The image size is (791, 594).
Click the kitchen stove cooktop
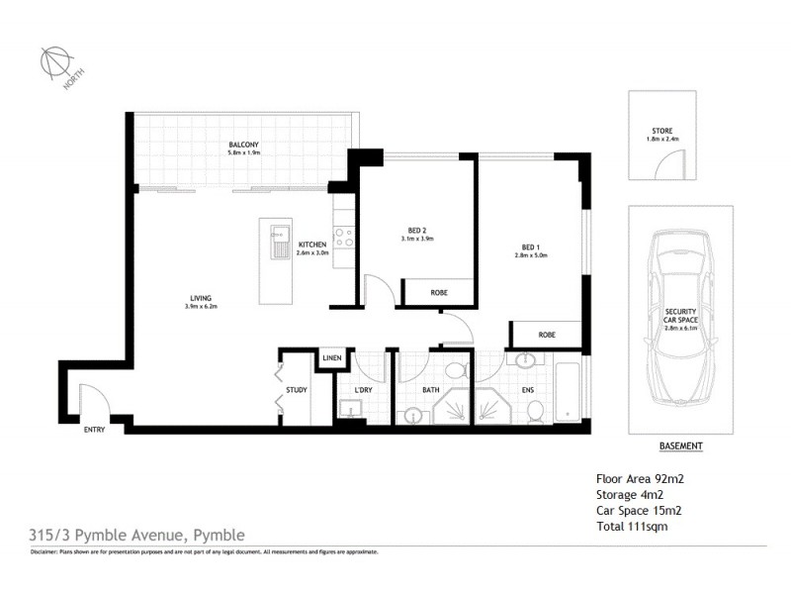coord(344,238)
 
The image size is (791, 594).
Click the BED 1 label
coord(531,247)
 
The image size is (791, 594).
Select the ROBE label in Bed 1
coord(547,335)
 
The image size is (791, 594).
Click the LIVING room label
coord(202,299)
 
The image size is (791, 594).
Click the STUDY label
coord(297,390)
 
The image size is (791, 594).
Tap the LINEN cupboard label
coord(331,358)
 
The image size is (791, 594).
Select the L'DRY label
coord(363,390)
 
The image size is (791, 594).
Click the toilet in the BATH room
coord(455,372)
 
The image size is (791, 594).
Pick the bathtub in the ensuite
coord(569,393)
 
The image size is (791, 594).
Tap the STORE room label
coord(661,131)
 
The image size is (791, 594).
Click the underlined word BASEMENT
coord(681,446)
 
